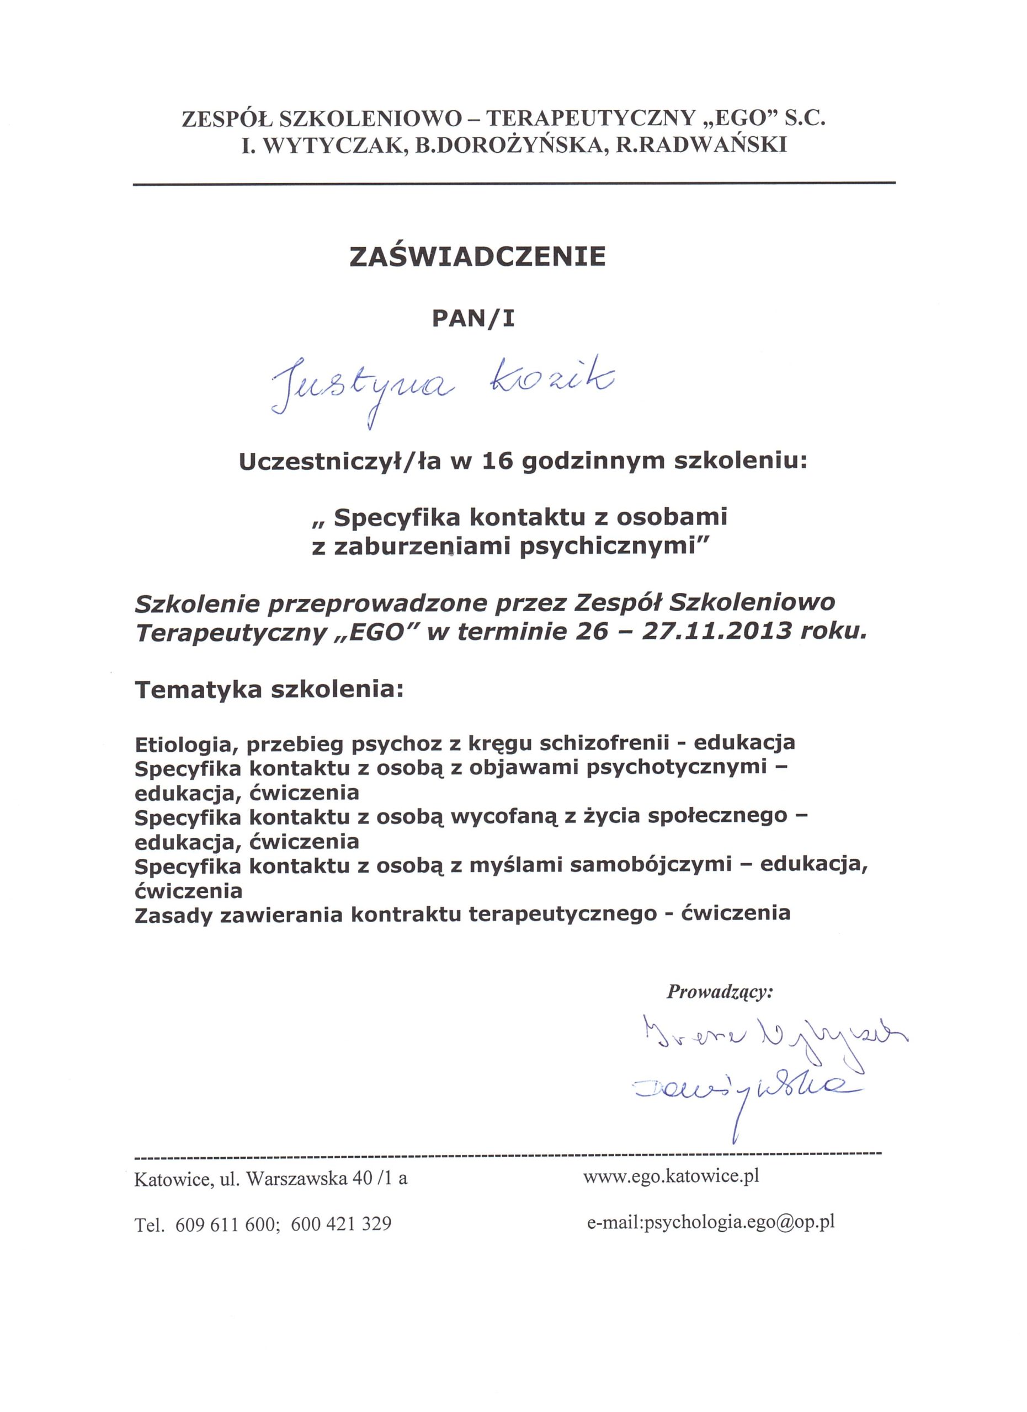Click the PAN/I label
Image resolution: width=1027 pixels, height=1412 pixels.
474,319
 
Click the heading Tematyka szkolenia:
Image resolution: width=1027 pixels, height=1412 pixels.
269,690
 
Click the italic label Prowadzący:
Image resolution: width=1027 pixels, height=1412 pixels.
719,992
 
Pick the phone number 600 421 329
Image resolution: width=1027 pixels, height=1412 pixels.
340,1224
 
